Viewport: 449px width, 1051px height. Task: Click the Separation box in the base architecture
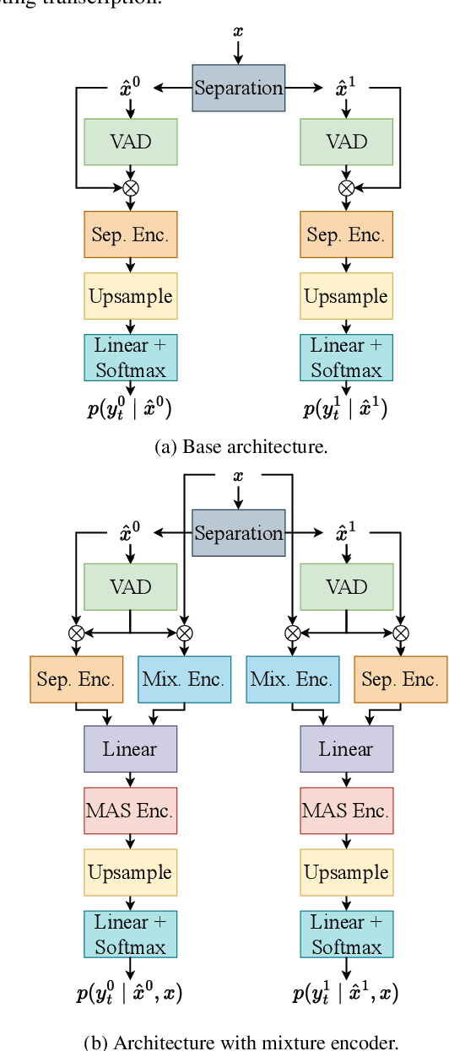coord(238,88)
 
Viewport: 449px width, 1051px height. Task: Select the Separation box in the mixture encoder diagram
coord(238,533)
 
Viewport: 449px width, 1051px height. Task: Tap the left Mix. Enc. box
coord(184,679)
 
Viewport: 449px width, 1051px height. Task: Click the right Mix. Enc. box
coord(292,679)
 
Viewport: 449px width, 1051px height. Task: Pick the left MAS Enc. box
coord(131,811)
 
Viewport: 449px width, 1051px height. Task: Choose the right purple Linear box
coord(347,749)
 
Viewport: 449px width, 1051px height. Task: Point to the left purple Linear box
coord(131,749)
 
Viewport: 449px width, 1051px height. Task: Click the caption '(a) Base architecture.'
coord(241,447)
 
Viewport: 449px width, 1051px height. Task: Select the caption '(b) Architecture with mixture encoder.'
coord(241,1042)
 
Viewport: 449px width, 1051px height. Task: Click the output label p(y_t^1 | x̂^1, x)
coord(346,994)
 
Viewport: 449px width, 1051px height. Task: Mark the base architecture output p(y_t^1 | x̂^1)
coord(347,410)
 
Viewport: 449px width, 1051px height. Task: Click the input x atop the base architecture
coord(238,31)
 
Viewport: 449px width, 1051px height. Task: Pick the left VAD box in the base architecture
coord(131,142)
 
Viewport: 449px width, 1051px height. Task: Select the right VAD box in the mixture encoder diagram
coord(347,587)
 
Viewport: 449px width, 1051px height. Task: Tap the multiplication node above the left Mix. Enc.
coord(184,632)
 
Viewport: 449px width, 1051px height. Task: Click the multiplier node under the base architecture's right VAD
coord(347,187)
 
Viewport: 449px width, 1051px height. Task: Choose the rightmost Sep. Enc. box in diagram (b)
coord(400,679)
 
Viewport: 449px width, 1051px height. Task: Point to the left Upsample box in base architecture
coord(131,296)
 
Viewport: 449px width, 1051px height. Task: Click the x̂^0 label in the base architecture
coord(131,86)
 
